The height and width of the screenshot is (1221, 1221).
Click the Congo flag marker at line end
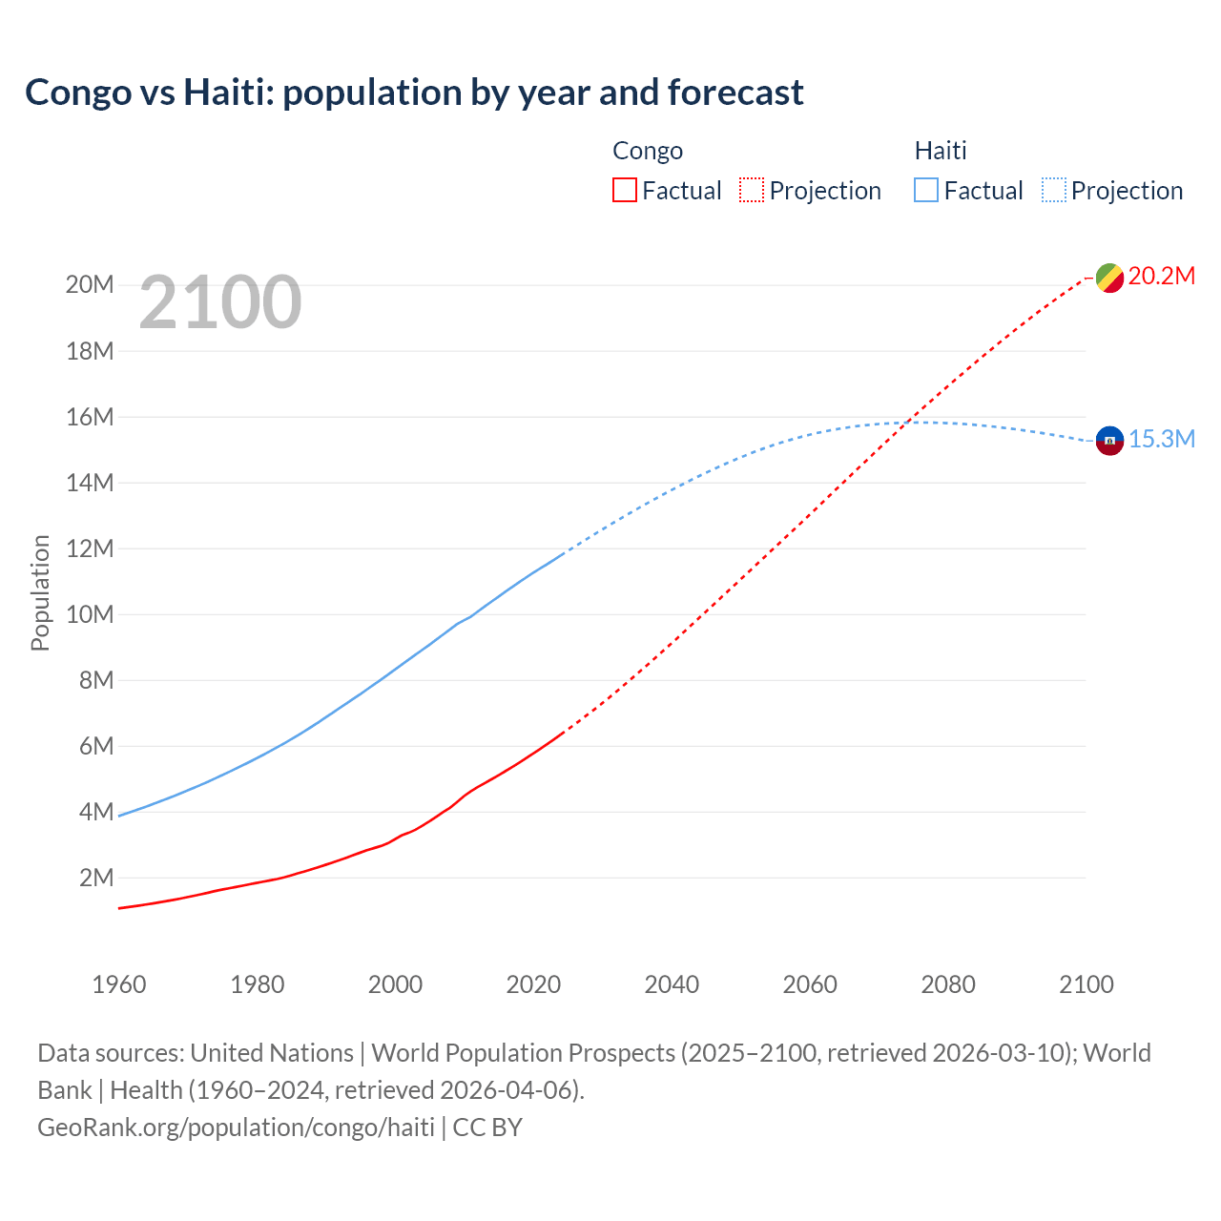[x=1108, y=278]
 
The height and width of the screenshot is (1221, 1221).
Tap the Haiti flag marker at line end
[x=1108, y=441]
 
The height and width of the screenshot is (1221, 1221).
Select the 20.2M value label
[x=1161, y=277]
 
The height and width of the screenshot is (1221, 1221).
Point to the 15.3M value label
[x=1161, y=439]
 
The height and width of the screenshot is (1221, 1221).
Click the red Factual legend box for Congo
[x=624, y=191]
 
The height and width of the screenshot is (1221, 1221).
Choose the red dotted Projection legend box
[x=752, y=191]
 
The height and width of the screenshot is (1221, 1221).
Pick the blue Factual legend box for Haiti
[x=925, y=191]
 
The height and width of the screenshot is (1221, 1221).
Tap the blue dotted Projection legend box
[x=1054, y=191]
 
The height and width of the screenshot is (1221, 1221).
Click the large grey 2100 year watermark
[x=220, y=302]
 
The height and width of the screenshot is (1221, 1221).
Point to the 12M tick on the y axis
[x=90, y=548]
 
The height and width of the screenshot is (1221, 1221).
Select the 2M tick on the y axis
[x=95, y=878]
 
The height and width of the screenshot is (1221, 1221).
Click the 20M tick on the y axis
[x=90, y=285]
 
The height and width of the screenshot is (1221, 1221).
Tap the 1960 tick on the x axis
[x=119, y=984]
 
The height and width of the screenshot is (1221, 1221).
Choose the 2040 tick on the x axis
[x=672, y=984]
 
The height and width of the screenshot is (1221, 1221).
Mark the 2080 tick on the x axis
[x=948, y=984]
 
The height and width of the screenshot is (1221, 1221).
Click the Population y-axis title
[x=40, y=592]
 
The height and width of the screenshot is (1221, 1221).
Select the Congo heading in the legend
[x=648, y=151]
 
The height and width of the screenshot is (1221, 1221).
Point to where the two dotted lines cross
[x=911, y=422]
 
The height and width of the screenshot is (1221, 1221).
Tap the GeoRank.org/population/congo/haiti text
[x=236, y=1128]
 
